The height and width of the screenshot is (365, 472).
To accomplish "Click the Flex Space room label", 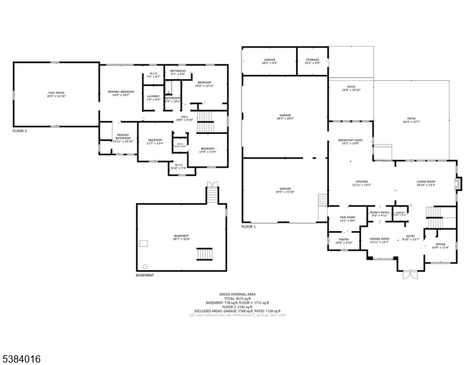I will coord(55,94).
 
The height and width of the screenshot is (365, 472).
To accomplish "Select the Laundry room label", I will coord(153,97).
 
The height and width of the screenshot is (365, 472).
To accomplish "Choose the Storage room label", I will coord(312,60).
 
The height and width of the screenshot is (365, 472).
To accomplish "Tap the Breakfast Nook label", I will coord(350,142).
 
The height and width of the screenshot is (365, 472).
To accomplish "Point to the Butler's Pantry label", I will coord(380,214).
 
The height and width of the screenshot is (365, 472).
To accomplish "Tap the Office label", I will coord(440,246).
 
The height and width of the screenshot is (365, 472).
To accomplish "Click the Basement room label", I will coord(181,237).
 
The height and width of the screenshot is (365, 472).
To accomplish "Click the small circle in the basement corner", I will coord(145,266).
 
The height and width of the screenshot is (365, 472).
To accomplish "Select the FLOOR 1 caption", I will coord(249,226).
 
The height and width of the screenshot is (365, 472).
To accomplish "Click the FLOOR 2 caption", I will coord(19,130).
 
